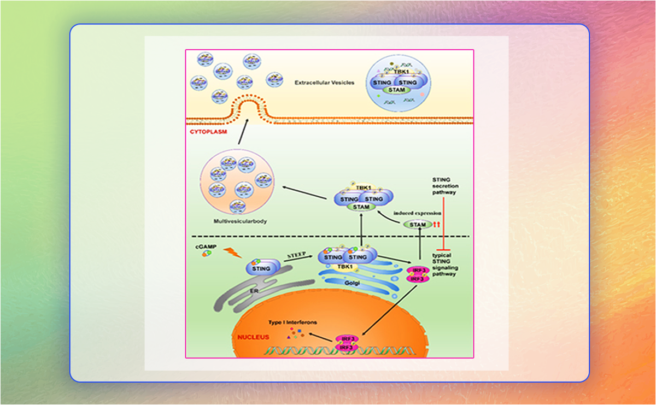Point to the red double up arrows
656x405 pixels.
(x=436, y=225)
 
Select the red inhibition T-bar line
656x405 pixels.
(x=444, y=219)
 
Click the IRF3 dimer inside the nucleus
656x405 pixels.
(x=347, y=343)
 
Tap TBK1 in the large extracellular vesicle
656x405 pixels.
(x=399, y=72)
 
